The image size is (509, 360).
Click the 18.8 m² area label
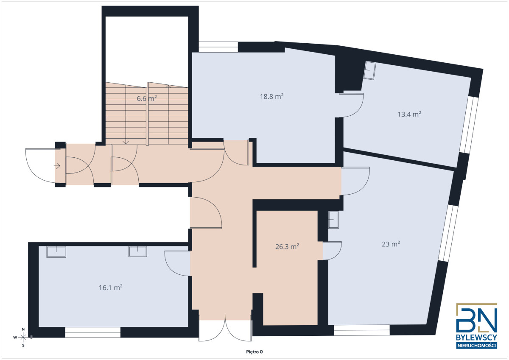[x=271, y=97]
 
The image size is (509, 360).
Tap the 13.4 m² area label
[x=409, y=114]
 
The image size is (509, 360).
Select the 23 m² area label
[x=391, y=244]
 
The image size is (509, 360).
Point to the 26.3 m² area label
[x=287, y=246]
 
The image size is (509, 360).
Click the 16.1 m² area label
[x=111, y=287]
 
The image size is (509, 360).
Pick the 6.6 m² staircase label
[x=147, y=98]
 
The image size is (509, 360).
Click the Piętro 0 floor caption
[x=255, y=352]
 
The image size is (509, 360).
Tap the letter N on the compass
[x=23, y=329]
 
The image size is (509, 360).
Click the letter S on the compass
[x=23, y=346]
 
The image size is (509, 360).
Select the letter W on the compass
[x=15, y=337]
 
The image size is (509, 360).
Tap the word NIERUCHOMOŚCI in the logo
[x=476, y=346]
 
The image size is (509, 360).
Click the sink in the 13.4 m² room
[x=370, y=70]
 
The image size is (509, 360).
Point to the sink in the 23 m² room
[x=333, y=220]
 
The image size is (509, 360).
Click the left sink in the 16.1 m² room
[x=56, y=252]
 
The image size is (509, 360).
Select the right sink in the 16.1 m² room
[x=138, y=251]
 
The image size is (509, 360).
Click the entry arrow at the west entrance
[x=57, y=166]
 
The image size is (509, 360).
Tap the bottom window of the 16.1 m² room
[x=93, y=332]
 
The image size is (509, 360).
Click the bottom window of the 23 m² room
[x=362, y=330]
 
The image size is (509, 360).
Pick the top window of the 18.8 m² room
[x=218, y=47]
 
